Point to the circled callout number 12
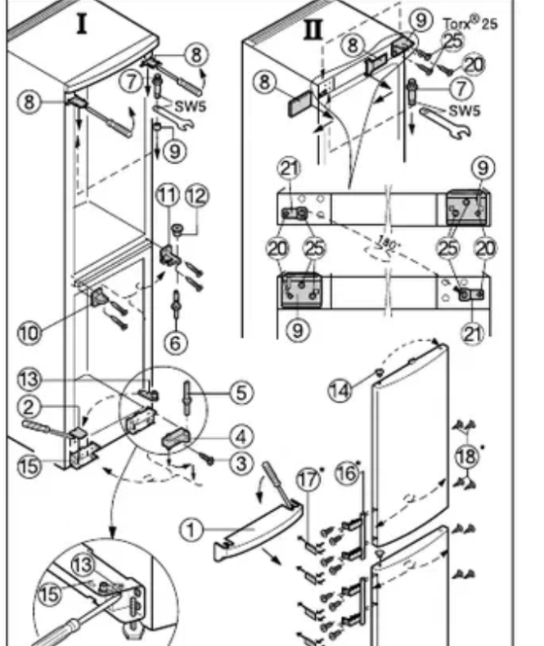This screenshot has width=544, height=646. (x=197, y=195)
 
